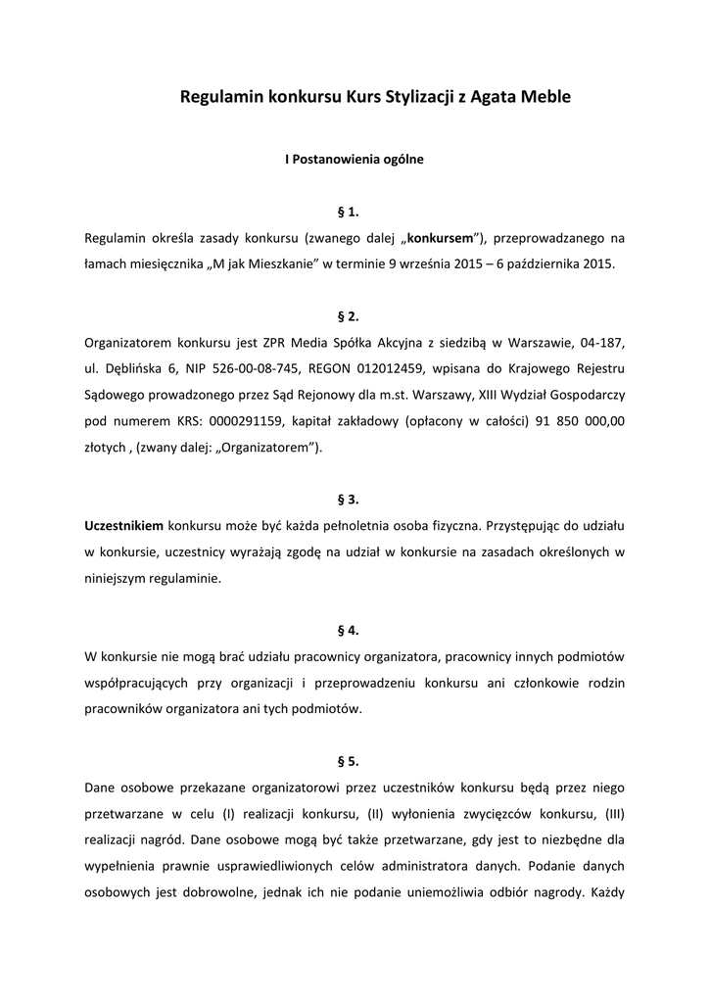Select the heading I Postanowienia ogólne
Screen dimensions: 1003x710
point(354,159)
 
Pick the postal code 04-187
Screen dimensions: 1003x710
point(601,343)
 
